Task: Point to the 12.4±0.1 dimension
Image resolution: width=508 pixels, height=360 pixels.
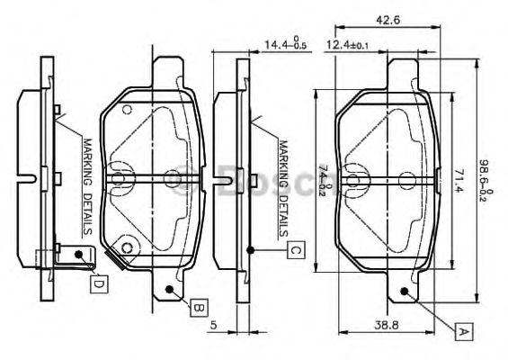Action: [345, 43]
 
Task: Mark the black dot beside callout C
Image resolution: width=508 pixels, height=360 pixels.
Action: [254, 249]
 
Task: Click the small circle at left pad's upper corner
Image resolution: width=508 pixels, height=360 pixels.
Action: [127, 110]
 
